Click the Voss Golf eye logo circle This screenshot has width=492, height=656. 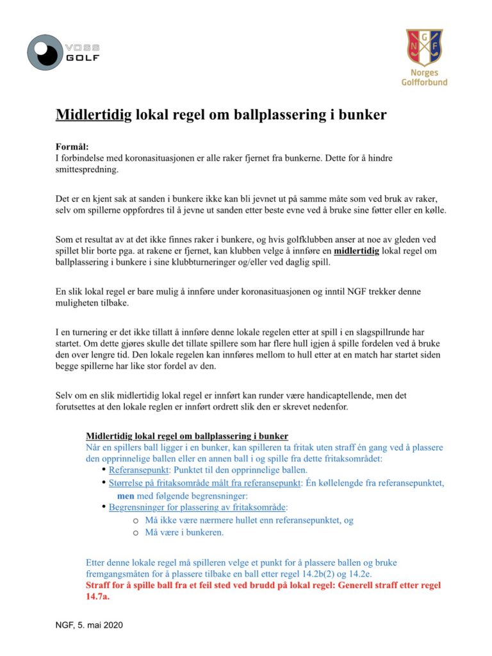(x=45, y=52)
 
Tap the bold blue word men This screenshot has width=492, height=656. (x=126, y=495)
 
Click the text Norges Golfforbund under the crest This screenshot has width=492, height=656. (x=424, y=78)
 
